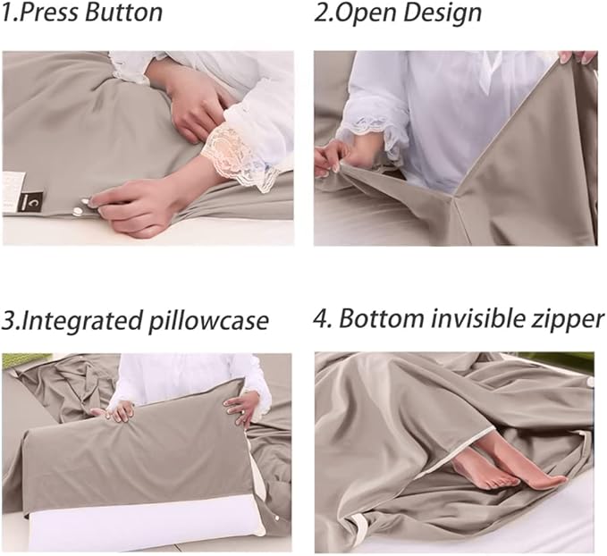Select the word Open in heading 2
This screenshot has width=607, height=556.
pyautogui.click(x=367, y=13)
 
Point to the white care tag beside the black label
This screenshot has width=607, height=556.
pyautogui.click(x=12, y=181)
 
